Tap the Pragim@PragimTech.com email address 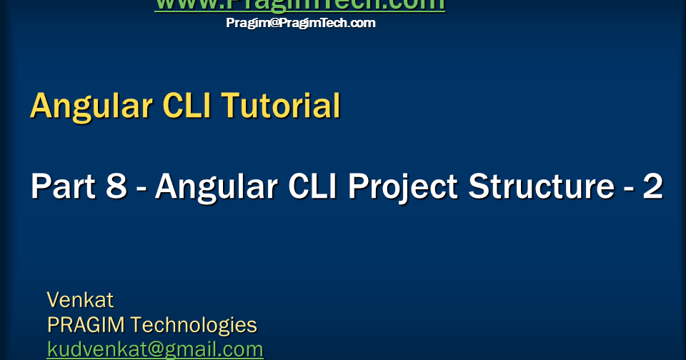300,23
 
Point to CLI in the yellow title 187,106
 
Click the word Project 404,187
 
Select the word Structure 537,187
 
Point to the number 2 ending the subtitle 652,187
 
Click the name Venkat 80,299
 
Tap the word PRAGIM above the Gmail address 86,325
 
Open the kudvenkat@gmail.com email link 155,349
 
